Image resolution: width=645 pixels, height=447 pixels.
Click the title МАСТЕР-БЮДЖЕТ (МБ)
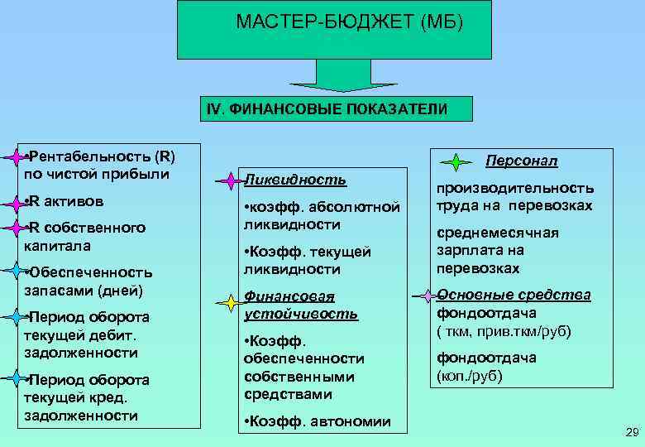point(350,23)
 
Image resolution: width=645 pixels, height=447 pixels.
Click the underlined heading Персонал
point(522,160)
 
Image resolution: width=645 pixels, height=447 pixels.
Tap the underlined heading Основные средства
point(514,295)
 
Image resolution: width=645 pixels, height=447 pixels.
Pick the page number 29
point(633,432)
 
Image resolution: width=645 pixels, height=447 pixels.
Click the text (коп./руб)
point(469,375)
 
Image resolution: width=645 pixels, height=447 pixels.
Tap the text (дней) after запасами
point(120,290)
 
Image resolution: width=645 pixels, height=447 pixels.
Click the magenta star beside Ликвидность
point(228,180)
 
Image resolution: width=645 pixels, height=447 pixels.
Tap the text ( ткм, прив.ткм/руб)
point(504,331)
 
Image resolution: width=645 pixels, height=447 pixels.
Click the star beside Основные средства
point(424,295)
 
